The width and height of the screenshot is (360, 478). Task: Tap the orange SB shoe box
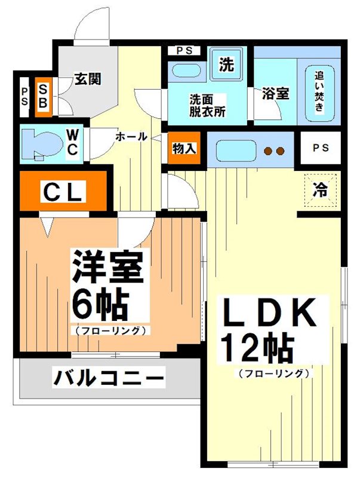[x=44, y=96]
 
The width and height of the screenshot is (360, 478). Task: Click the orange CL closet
[x=63, y=192]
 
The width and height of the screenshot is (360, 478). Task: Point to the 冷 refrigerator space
[x=320, y=189]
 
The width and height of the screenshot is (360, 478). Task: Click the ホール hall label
[x=131, y=136]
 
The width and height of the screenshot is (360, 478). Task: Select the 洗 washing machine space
[x=226, y=65]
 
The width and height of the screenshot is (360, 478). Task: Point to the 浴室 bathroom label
[x=275, y=94]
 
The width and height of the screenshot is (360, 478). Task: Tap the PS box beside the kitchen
[x=320, y=148]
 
